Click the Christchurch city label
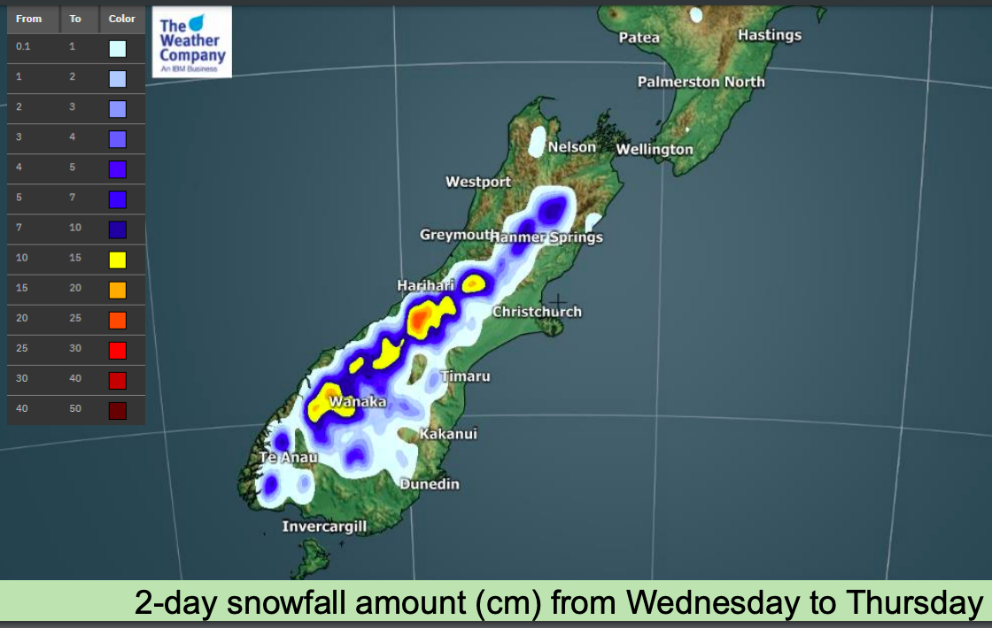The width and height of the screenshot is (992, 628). coord(537,312)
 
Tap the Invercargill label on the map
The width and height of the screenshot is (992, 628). coord(324,527)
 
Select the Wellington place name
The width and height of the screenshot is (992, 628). coord(655,150)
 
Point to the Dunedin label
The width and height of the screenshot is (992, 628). coord(430,485)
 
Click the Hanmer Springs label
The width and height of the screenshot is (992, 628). coord(546,237)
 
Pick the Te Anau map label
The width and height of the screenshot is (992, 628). coord(287,458)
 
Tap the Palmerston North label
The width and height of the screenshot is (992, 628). coord(701,82)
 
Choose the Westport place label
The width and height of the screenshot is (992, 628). coord(478,182)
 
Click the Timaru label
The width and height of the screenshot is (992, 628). coord(466,376)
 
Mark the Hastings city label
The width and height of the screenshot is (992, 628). coord(769,35)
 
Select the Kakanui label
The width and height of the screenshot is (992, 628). coord(448,434)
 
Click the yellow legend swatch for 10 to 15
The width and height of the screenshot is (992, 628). coord(118,260)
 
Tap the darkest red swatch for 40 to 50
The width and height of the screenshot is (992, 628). coord(118,410)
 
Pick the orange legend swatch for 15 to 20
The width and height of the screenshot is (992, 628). coord(118,290)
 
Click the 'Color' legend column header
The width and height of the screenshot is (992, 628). coord(122,19)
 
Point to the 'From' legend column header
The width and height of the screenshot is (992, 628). coord(28,19)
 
